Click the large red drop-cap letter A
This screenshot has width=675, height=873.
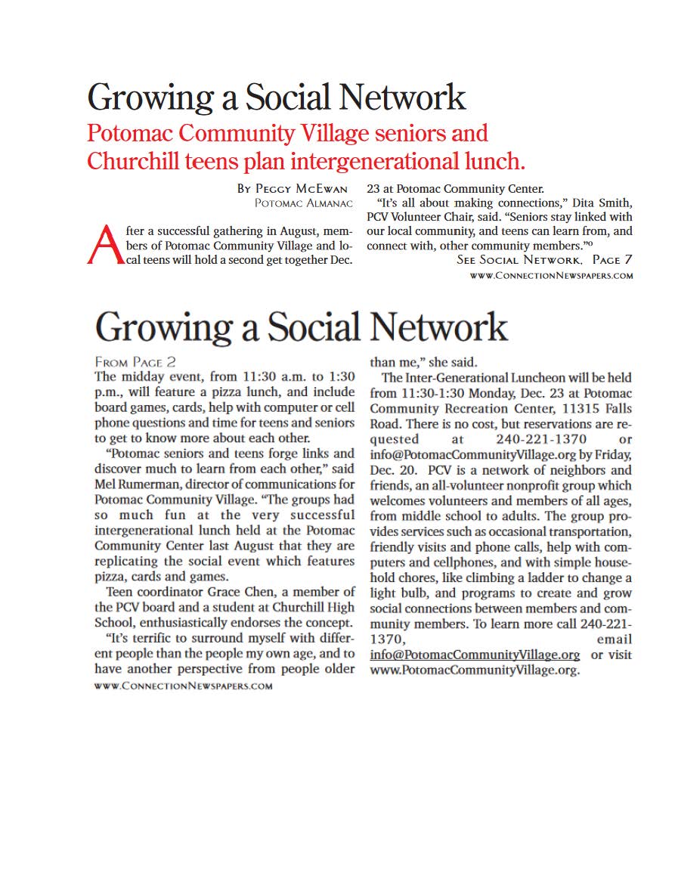[x=104, y=244]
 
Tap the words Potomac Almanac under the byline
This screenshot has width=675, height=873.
[x=304, y=203]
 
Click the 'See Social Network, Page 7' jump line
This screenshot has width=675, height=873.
[x=544, y=260]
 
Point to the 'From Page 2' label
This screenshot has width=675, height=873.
[x=135, y=361]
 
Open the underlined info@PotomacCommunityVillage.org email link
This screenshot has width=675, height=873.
[x=475, y=655]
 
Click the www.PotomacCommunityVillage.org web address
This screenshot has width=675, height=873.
[x=474, y=670]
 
